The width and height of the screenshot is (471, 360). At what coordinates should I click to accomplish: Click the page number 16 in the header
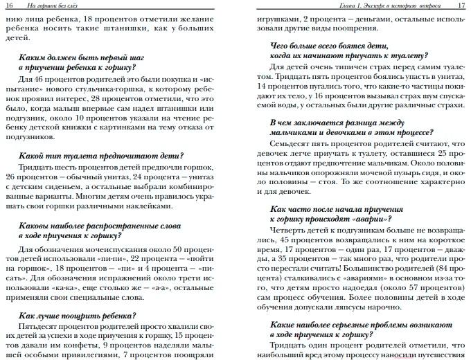tap(11, 6)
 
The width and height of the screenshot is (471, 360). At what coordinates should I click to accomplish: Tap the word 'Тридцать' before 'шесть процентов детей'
tap(37, 168)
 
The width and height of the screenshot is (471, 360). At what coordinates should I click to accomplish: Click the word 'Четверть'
tap(287, 228)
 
